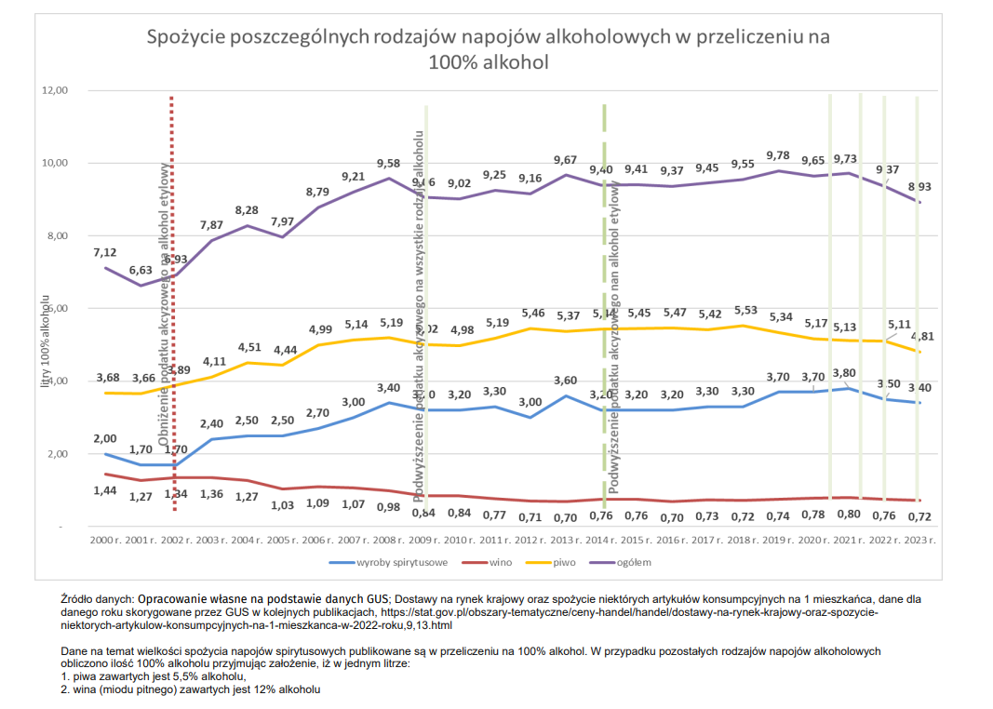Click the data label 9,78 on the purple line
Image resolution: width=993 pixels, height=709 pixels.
[x=778, y=155]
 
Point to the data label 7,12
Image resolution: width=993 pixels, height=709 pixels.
[x=105, y=252]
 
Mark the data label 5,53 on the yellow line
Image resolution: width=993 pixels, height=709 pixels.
[x=743, y=310]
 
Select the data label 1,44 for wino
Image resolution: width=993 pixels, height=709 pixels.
[x=105, y=489]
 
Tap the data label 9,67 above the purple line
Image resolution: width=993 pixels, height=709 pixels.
[x=566, y=160]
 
